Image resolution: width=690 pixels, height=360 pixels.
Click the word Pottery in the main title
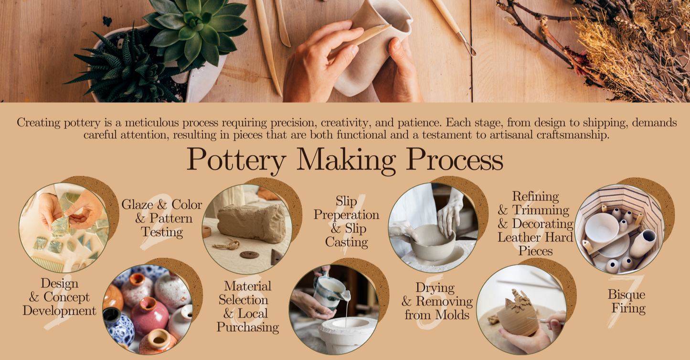(x=236, y=160)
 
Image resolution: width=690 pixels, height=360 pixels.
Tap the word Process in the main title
(x=455, y=159)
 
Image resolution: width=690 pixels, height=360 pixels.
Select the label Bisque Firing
(x=627, y=301)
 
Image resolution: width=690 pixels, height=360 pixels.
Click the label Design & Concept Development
(x=60, y=297)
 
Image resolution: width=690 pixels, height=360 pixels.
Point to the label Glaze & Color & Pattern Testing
(x=162, y=218)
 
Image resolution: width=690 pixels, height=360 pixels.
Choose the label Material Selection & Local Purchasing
(x=248, y=307)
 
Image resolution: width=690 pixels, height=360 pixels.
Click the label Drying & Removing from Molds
(x=437, y=301)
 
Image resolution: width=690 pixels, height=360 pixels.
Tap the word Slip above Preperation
(x=346, y=201)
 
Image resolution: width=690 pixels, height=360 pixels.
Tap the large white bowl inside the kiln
(x=602, y=228)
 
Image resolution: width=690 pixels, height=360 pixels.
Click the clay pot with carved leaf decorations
(x=517, y=314)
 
